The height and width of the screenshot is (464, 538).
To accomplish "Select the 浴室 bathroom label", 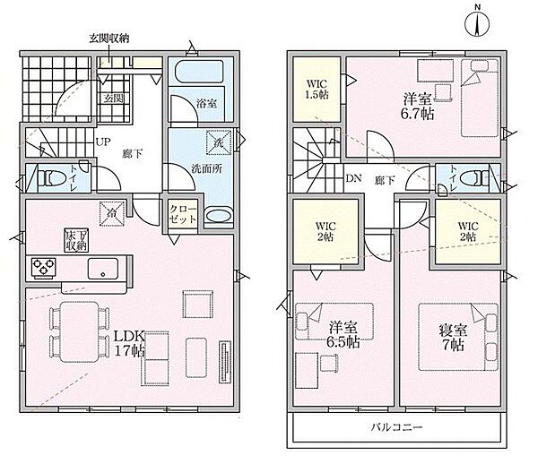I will click(x=205, y=103).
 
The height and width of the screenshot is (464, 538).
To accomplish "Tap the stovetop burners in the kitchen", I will click(x=44, y=266).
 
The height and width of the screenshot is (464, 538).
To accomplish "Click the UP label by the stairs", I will click(x=104, y=142).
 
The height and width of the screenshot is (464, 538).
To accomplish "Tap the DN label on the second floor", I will click(x=352, y=178).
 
